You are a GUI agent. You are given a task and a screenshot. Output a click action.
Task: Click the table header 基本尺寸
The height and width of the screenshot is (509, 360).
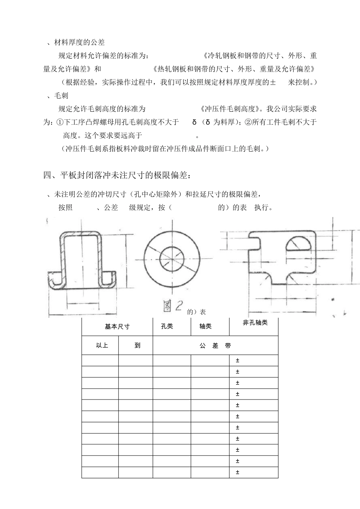tap(117, 326)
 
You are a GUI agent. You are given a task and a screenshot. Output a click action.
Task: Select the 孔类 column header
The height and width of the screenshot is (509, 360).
tap(167, 326)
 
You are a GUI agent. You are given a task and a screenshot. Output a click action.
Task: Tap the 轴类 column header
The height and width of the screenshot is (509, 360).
tap(205, 326)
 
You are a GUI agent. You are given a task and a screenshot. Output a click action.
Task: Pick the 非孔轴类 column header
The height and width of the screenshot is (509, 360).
tap(255, 323)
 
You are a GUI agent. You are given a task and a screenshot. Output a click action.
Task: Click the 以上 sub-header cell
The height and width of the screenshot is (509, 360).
tap(102, 345)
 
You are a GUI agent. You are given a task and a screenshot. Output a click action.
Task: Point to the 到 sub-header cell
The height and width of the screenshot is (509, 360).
tap(137, 345)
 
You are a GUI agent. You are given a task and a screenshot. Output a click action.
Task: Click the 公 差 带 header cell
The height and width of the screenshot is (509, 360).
tap(215, 345)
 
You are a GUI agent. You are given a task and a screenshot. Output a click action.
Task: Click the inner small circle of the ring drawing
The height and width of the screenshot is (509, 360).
tap(172, 259)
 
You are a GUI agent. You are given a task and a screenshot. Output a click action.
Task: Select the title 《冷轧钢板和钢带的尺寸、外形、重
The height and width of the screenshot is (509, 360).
tap(260, 56)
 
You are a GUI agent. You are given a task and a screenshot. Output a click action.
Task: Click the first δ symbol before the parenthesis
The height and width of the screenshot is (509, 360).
tap(194, 122)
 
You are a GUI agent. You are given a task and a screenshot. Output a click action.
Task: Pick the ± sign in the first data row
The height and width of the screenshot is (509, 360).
tap(238, 361)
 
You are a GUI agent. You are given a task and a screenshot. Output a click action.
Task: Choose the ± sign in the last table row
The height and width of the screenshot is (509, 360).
tap(238, 472)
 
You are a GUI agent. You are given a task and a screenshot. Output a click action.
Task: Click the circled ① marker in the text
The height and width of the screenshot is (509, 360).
tap(60, 122)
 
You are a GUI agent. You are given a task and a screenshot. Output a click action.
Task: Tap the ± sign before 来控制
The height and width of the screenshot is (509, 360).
tap(273, 82)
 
